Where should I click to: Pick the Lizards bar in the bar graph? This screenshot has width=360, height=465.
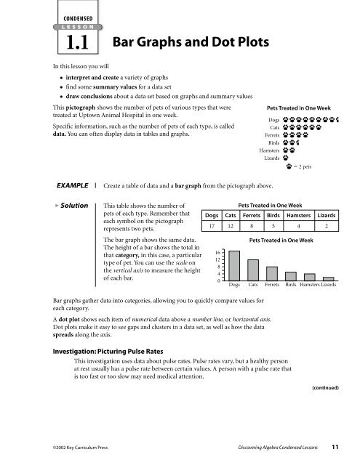328,278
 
